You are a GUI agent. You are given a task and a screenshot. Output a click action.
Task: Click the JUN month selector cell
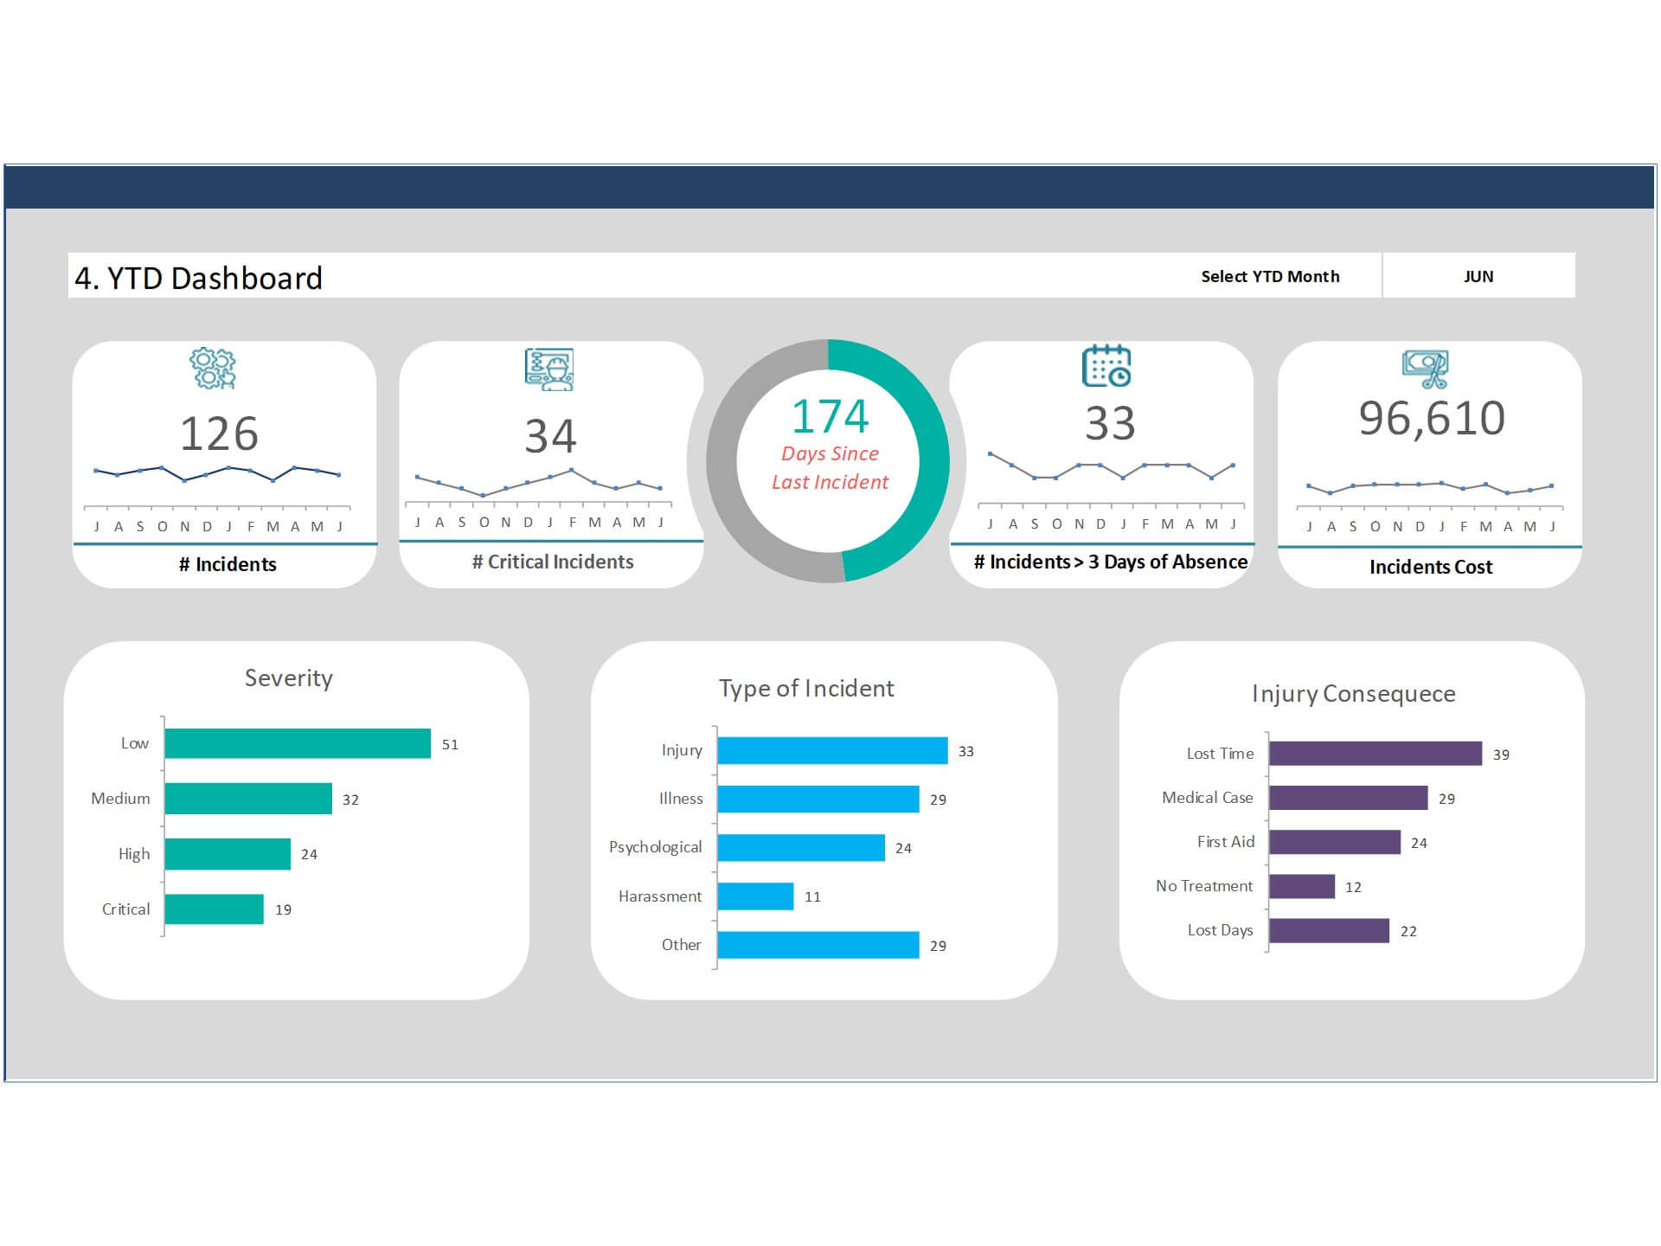pos(1478,276)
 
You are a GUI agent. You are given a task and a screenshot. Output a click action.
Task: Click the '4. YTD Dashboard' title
pos(198,278)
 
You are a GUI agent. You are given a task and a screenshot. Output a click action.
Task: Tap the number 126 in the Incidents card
pos(219,434)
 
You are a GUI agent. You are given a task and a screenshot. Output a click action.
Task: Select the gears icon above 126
pos(213,369)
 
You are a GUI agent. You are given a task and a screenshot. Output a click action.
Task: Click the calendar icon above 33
pos(1106,366)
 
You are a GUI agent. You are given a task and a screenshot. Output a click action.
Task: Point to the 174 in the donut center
pos(830,416)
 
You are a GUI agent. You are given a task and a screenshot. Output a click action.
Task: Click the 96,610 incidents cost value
pos(1432,418)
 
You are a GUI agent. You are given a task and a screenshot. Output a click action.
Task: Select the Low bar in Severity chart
pos(297,743)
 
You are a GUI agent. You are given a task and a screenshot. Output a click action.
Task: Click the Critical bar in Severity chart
pos(214,909)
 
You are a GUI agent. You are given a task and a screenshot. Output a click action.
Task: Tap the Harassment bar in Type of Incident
pos(754,896)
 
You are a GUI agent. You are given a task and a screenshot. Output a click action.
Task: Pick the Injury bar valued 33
pos(831,750)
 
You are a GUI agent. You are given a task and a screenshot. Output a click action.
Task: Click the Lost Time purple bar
pos(1375,754)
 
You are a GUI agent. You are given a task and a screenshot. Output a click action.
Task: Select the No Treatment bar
pos(1301,886)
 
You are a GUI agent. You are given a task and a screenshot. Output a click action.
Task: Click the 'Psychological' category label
pos(655,847)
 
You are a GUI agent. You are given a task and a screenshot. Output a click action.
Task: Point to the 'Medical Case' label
pos(1207,798)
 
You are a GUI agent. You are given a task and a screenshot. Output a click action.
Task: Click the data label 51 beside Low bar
pos(450,744)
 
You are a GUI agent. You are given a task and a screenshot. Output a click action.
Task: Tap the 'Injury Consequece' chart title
pos(1353,694)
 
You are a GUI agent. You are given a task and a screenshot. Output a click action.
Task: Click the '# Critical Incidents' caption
pos(553,562)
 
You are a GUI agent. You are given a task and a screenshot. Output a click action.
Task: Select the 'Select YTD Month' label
pos(1269,276)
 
